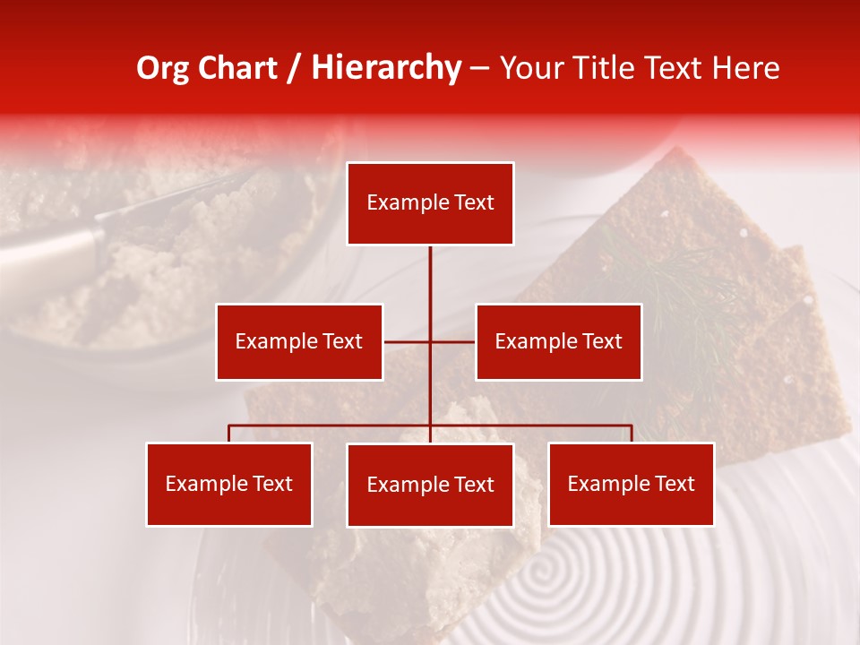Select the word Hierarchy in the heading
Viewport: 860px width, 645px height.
click(x=385, y=68)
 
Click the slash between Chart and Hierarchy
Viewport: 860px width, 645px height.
click(x=294, y=69)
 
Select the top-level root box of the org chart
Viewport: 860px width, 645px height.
click(x=430, y=203)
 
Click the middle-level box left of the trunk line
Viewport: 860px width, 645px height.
click(x=299, y=341)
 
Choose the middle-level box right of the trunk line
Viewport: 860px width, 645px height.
click(x=558, y=341)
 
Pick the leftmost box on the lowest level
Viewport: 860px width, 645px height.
click(x=229, y=484)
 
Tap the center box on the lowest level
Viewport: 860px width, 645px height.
click(x=430, y=485)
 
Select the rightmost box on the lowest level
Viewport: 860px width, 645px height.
click(x=631, y=484)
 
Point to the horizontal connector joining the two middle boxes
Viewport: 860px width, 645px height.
click(x=408, y=341)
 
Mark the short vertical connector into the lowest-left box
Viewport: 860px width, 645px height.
click(x=229, y=434)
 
